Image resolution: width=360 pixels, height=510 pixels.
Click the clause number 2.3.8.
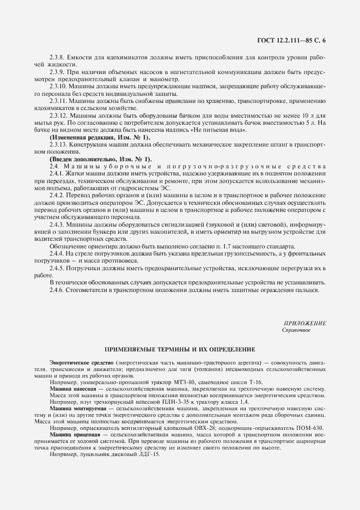click(57, 57)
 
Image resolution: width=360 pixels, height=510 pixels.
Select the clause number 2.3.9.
click(57, 71)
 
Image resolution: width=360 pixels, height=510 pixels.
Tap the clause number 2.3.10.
click(58, 86)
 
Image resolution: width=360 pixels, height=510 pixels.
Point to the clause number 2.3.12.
click(58, 115)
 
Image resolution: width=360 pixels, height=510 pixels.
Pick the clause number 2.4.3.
click(57, 223)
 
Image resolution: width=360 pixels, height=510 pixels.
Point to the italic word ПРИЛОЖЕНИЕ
click(305, 323)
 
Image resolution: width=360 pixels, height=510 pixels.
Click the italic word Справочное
click(296, 330)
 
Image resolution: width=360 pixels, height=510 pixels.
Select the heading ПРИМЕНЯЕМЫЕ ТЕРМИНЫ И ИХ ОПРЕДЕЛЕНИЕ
click(180, 348)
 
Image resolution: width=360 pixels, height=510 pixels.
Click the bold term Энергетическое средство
click(81, 362)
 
